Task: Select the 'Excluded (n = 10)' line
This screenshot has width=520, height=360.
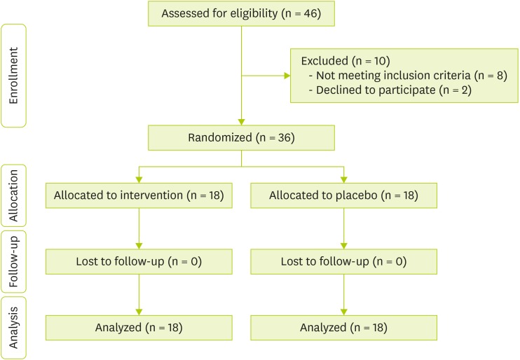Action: (x=336, y=60)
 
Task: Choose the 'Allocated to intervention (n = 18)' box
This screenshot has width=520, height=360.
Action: (x=138, y=195)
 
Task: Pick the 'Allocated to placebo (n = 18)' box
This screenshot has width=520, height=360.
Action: (x=343, y=195)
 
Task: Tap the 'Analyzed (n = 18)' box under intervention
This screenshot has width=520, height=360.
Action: (x=138, y=327)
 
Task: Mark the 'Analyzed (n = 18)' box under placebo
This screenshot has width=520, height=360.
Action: (x=343, y=327)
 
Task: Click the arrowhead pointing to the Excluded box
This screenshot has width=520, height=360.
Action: (x=286, y=75)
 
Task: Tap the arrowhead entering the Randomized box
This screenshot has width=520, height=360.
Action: (x=240, y=122)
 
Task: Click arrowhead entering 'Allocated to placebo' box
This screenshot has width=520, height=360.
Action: (x=343, y=179)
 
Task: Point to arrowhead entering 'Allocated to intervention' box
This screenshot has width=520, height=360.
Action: (x=138, y=179)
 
